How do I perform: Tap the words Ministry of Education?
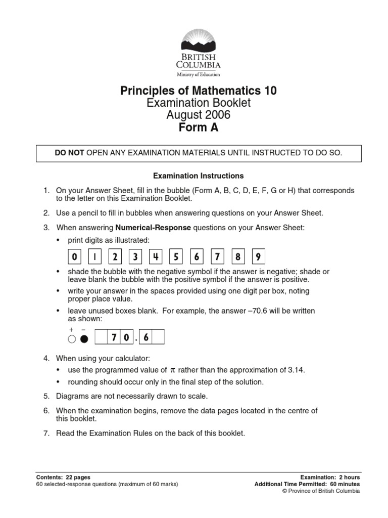(x=198, y=74)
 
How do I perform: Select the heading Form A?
(x=199, y=127)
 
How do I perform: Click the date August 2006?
(x=199, y=115)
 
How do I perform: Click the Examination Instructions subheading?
(x=199, y=176)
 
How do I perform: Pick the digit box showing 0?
(x=74, y=257)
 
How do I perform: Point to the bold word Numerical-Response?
(x=153, y=228)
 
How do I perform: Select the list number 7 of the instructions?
(x=46, y=433)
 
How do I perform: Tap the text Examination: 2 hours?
(x=330, y=477)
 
